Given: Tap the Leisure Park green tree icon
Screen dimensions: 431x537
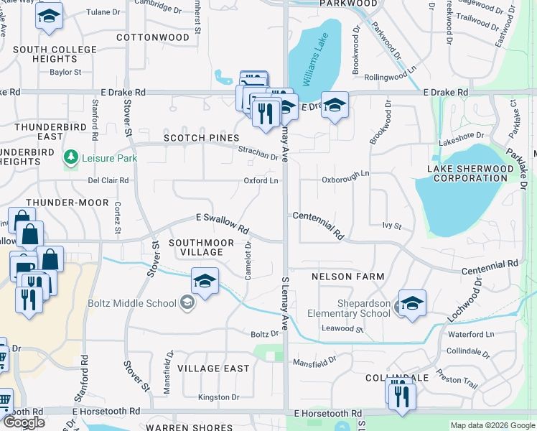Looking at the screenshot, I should (x=70, y=157).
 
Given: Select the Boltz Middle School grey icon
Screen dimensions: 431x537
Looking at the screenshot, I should (x=187, y=303).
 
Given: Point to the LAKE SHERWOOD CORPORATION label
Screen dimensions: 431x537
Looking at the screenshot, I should (x=471, y=173).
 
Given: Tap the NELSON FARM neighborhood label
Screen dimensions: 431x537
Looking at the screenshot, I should (x=348, y=277).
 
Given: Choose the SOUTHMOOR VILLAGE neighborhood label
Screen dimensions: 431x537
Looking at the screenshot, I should (x=196, y=248).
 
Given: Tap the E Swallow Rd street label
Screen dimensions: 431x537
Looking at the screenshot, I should (x=223, y=223).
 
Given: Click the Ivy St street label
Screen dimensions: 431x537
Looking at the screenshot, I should (x=391, y=226).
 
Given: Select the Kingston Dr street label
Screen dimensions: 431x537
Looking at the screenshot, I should (x=219, y=397).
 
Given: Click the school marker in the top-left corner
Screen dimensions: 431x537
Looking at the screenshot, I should (x=49, y=17).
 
